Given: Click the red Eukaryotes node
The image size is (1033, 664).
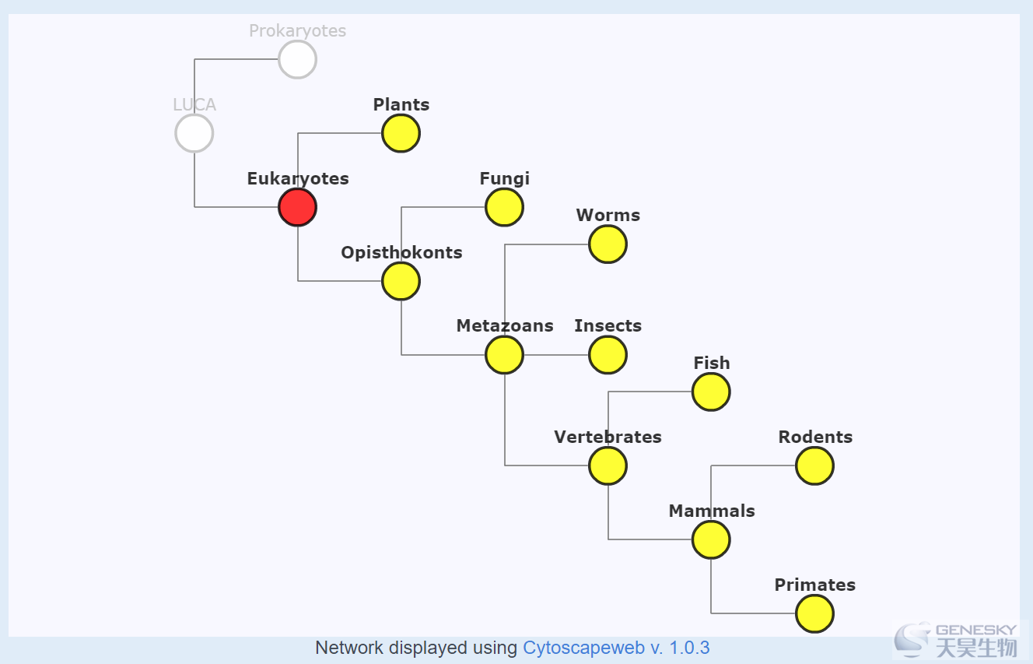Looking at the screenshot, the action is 297,207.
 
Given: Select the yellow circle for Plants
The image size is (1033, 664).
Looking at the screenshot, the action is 401,133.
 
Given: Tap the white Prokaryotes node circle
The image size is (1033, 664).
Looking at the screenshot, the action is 297,59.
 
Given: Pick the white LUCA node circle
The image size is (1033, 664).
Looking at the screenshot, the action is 194,133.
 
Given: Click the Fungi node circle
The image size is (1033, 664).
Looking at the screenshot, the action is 505,207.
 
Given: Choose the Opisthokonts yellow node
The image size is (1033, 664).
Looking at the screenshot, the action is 401,281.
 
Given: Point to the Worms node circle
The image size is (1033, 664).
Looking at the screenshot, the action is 608,244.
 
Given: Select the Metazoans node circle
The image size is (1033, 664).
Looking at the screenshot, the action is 505,355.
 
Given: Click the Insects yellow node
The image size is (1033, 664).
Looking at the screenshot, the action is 608,355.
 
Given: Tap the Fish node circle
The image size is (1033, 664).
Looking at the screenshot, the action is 711,392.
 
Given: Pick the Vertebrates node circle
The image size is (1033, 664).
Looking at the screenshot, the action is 608,466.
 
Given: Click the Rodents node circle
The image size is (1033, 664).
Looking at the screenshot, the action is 815,466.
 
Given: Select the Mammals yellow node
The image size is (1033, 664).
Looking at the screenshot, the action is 711,539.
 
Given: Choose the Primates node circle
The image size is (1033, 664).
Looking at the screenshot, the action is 815,613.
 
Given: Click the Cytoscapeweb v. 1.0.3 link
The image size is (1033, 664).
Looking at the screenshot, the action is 616,648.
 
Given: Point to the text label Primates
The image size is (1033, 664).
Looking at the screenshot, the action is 815,585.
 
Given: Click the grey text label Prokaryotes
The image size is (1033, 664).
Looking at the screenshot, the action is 297,31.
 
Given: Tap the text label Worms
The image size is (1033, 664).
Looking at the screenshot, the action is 608,215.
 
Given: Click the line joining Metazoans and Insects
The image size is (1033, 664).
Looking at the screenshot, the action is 556,355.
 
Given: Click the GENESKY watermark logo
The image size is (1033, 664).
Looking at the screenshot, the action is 955,640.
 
